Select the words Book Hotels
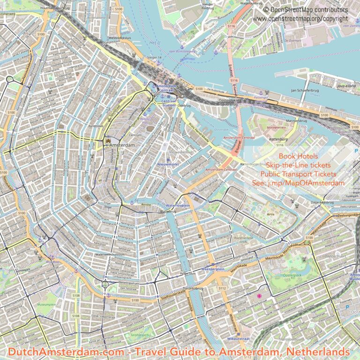298,156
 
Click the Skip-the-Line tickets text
298,165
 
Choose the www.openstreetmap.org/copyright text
300,18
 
